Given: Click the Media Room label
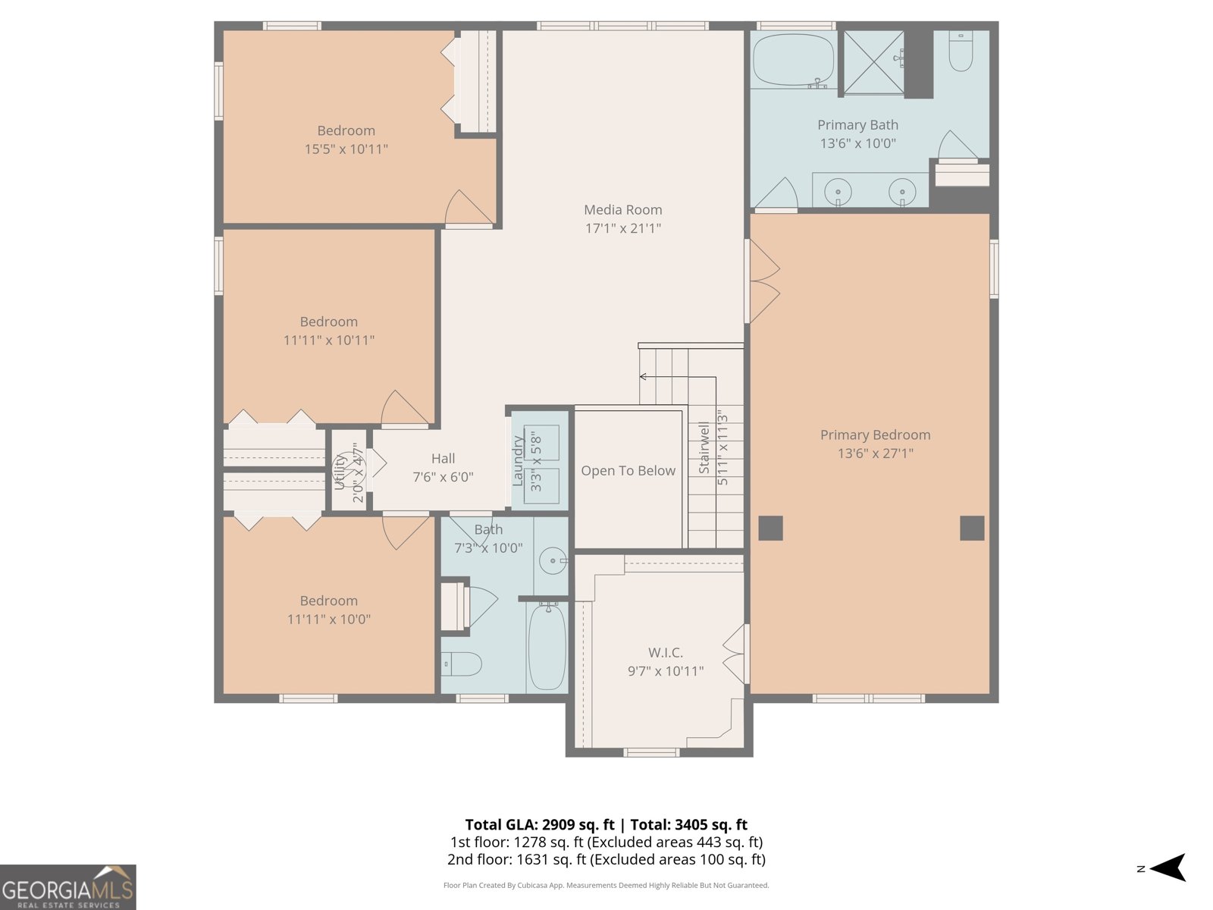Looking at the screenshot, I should point(622,210).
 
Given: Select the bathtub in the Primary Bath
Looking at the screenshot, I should point(793,60).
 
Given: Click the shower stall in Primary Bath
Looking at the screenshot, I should point(873,63).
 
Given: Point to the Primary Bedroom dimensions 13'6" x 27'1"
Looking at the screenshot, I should point(875,453).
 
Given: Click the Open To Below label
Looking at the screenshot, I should point(628,471).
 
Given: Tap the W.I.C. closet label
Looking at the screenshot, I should point(665,653).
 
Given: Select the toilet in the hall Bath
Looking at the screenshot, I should point(462,664).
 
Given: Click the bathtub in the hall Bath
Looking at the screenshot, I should point(547,646).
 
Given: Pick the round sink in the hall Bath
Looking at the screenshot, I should point(553,562).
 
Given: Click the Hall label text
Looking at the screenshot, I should point(443,459).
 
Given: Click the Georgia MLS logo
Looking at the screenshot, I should point(67,887).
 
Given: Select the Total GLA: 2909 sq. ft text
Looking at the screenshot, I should point(539,825).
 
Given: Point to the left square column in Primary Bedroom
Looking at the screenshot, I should point(770,528).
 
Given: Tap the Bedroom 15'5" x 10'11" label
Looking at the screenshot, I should point(346,131).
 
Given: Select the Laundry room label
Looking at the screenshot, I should point(519,461).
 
